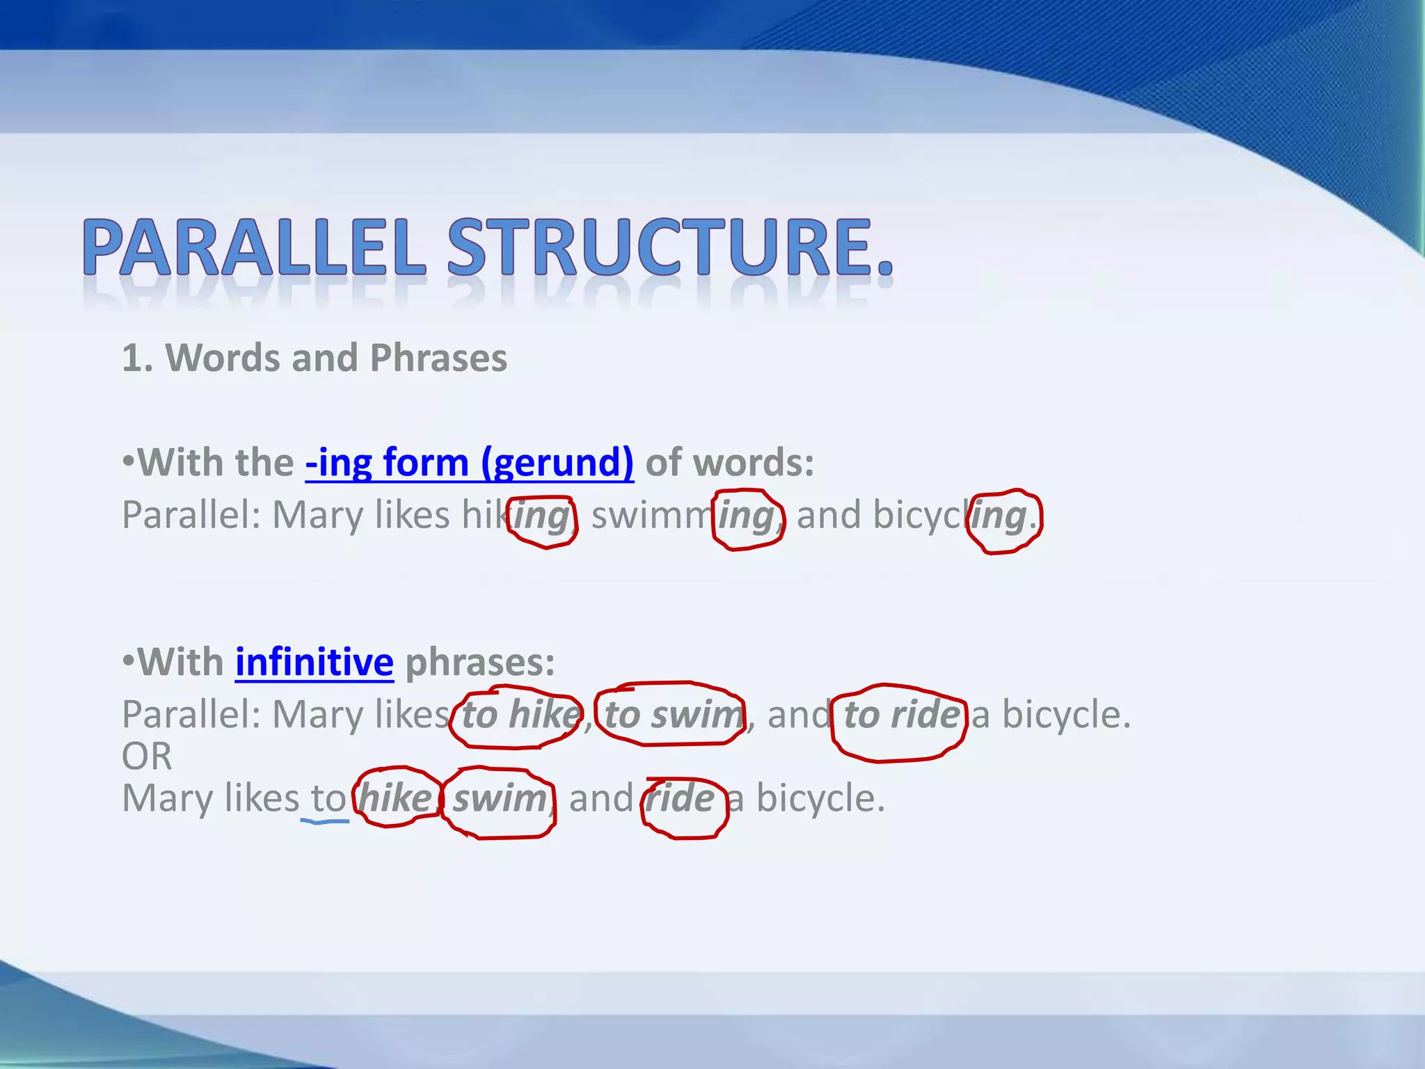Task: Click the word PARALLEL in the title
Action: click(254, 248)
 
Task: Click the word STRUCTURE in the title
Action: click(658, 248)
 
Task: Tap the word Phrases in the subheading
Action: click(438, 358)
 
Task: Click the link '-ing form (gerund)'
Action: click(469, 462)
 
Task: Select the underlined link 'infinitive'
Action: click(314, 662)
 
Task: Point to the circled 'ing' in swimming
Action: click(747, 517)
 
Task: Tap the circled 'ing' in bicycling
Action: click(1001, 517)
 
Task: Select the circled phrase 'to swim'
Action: click(671, 715)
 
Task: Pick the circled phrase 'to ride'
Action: click(900, 715)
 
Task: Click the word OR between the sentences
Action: click(147, 757)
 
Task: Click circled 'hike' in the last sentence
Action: click(395, 798)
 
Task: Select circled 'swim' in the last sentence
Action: click(499, 799)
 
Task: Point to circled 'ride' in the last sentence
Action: click(680, 799)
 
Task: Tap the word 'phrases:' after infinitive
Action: click(479, 662)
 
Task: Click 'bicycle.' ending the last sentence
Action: click(820, 799)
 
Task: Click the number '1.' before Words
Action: click(137, 358)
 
